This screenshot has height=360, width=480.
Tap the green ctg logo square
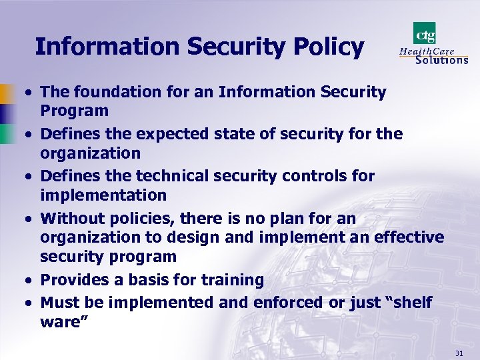(x=425, y=32)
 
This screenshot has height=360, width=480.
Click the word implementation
(x=103, y=195)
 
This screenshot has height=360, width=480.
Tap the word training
(x=233, y=280)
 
